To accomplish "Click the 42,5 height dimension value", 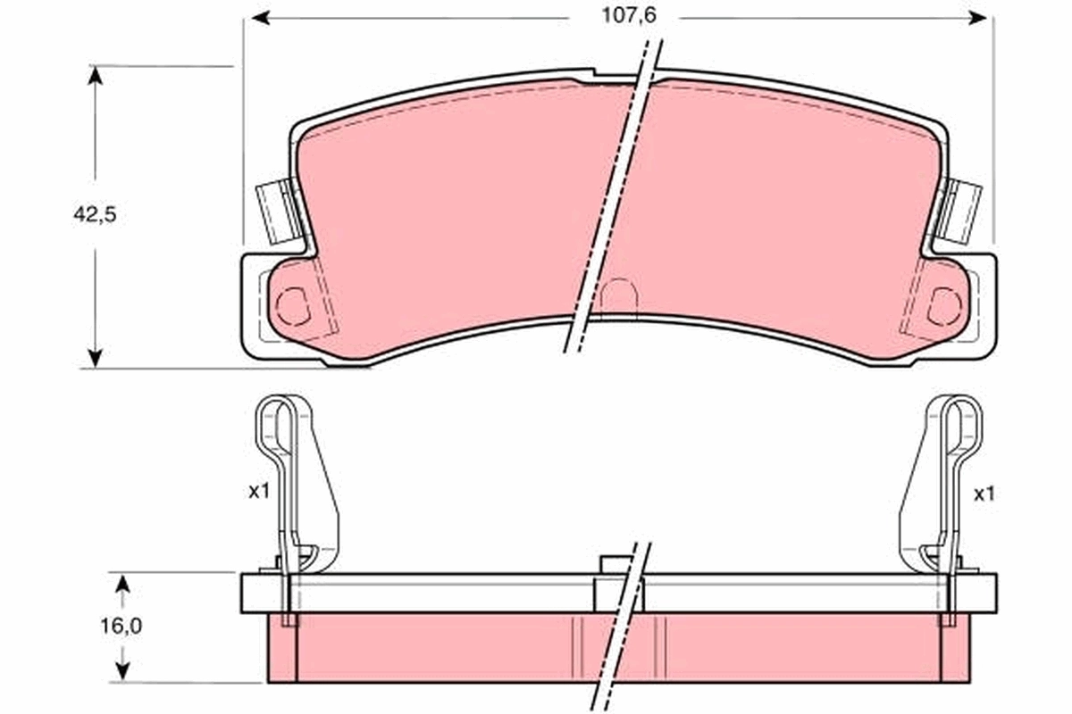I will (95, 215).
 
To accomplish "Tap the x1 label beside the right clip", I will (983, 493).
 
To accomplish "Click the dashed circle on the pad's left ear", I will (291, 306).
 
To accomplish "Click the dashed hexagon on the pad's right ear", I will (943, 306).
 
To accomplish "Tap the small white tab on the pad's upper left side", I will (273, 212).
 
